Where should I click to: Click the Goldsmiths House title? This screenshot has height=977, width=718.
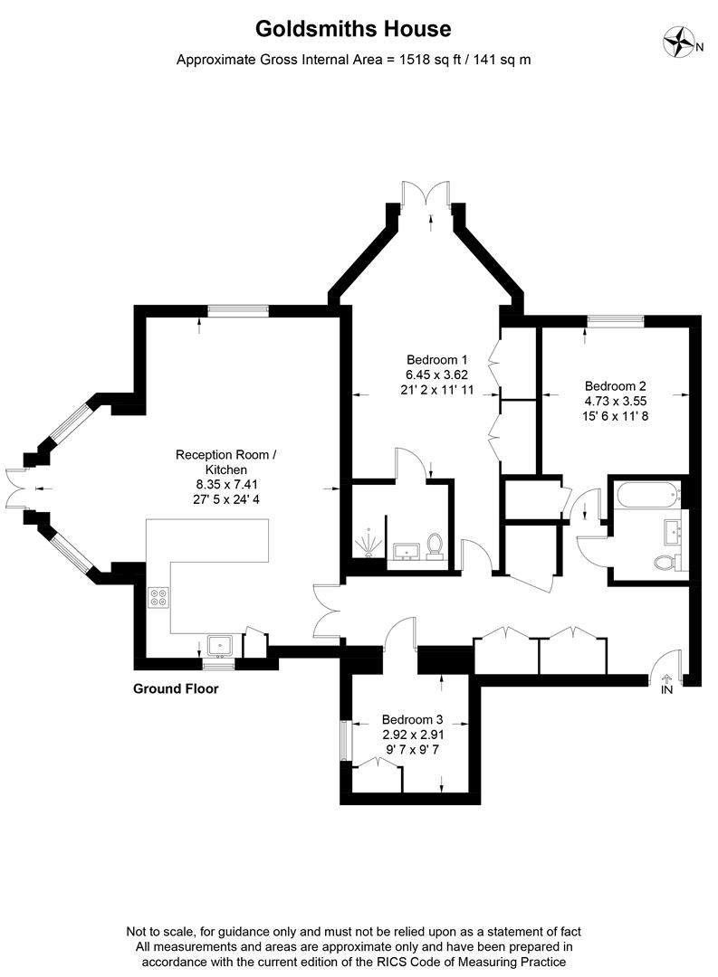coord(353,29)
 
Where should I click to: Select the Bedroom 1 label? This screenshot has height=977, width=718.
coord(436,359)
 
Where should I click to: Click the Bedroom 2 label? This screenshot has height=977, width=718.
coord(615,386)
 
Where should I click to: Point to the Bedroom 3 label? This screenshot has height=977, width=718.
coord(412,720)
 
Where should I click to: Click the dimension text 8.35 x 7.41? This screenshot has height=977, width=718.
coord(225,484)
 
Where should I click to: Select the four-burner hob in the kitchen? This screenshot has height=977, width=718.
coord(158,598)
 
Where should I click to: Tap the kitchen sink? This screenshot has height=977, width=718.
coord(220,646)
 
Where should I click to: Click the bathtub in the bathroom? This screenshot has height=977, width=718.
coord(646,496)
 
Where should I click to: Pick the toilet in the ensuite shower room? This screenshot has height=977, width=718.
coord(435,545)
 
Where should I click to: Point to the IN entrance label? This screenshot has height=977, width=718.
coord(667,689)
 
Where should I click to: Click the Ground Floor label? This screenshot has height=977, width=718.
coord(176,688)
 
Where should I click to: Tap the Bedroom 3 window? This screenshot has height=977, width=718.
coord(344,740)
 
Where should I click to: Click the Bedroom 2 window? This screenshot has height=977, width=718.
coord(615,320)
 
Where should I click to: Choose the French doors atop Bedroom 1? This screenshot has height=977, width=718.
coord(426,193)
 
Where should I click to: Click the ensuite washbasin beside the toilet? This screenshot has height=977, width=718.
coord(407,551)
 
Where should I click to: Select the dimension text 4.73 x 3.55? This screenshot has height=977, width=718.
coord(615,402)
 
